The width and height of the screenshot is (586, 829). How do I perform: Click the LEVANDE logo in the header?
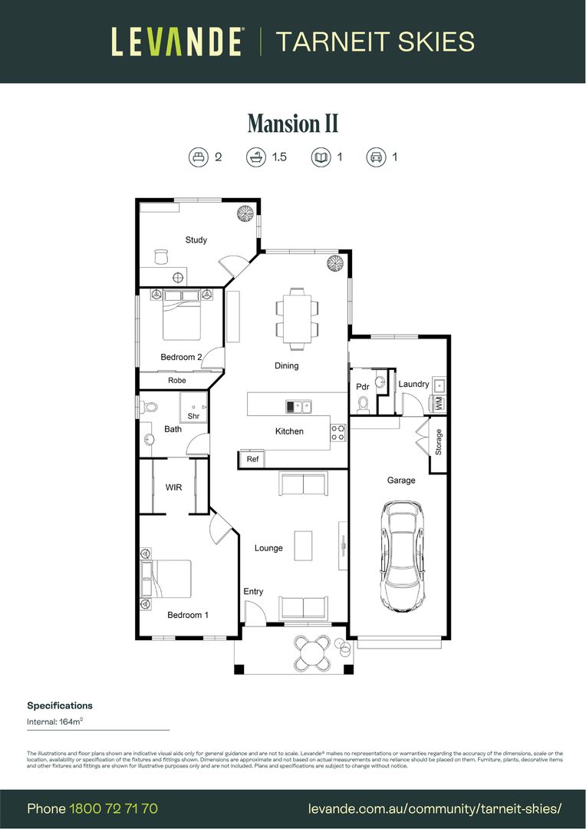click(177, 41)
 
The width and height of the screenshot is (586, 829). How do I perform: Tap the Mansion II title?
click(292, 124)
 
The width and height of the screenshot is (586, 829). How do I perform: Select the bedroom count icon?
click(198, 157)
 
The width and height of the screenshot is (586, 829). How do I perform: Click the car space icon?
click(376, 157)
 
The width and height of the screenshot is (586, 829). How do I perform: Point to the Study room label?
click(196, 240)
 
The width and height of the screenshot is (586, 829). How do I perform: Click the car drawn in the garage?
click(403, 556)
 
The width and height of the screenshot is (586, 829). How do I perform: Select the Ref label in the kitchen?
click(252, 459)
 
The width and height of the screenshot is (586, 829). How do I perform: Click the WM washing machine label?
click(439, 402)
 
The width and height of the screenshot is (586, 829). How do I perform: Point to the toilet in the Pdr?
click(364, 403)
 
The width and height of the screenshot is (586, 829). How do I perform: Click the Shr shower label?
click(193, 416)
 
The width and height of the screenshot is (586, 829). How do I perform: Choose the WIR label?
click(173, 487)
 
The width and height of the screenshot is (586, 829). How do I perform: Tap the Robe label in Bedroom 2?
click(176, 380)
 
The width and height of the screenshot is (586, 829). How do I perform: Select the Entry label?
click(253, 591)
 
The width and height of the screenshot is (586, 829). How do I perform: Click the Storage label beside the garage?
click(439, 442)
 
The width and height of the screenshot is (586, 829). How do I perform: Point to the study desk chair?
click(161, 256)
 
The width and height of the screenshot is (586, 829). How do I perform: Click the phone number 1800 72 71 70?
click(114, 808)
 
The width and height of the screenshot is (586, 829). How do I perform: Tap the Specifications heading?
click(60, 705)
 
